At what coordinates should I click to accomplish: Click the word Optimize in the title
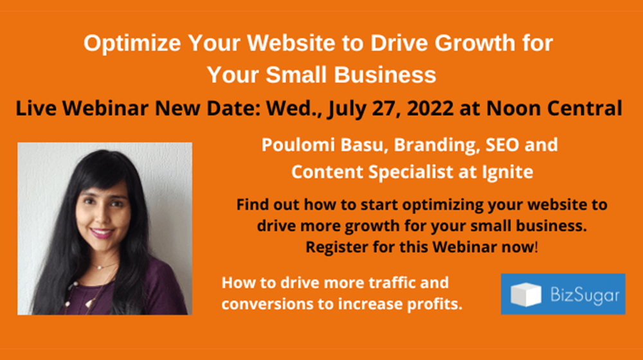(x=132, y=44)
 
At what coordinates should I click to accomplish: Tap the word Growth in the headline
(x=475, y=43)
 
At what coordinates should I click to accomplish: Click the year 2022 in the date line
(x=430, y=108)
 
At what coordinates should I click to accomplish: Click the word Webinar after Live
(x=105, y=108)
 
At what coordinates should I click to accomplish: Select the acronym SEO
(x=502, y=145)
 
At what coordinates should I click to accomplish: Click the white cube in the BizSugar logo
(x=526, y=294)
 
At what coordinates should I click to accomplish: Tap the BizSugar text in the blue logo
(x=584, y=295)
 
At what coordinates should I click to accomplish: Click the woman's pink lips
(x=101, y=233)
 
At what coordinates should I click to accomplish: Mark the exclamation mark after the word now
(x=536, y=247)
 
